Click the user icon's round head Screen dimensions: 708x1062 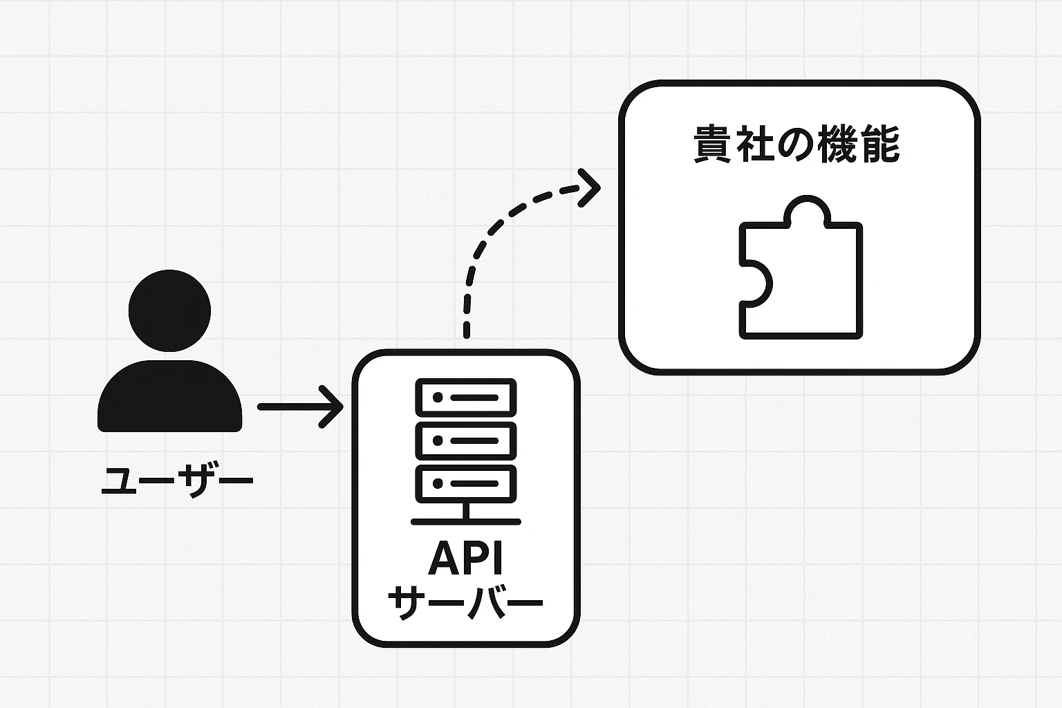point(169,310)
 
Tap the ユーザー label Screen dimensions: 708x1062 point(177,480)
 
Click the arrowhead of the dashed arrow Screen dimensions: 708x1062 point(591,187)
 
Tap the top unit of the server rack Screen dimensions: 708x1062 point(465,398)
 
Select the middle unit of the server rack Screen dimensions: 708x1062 point(465,440)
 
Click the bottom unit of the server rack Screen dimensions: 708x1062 point(465,483)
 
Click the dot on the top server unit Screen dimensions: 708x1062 point(437,398)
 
